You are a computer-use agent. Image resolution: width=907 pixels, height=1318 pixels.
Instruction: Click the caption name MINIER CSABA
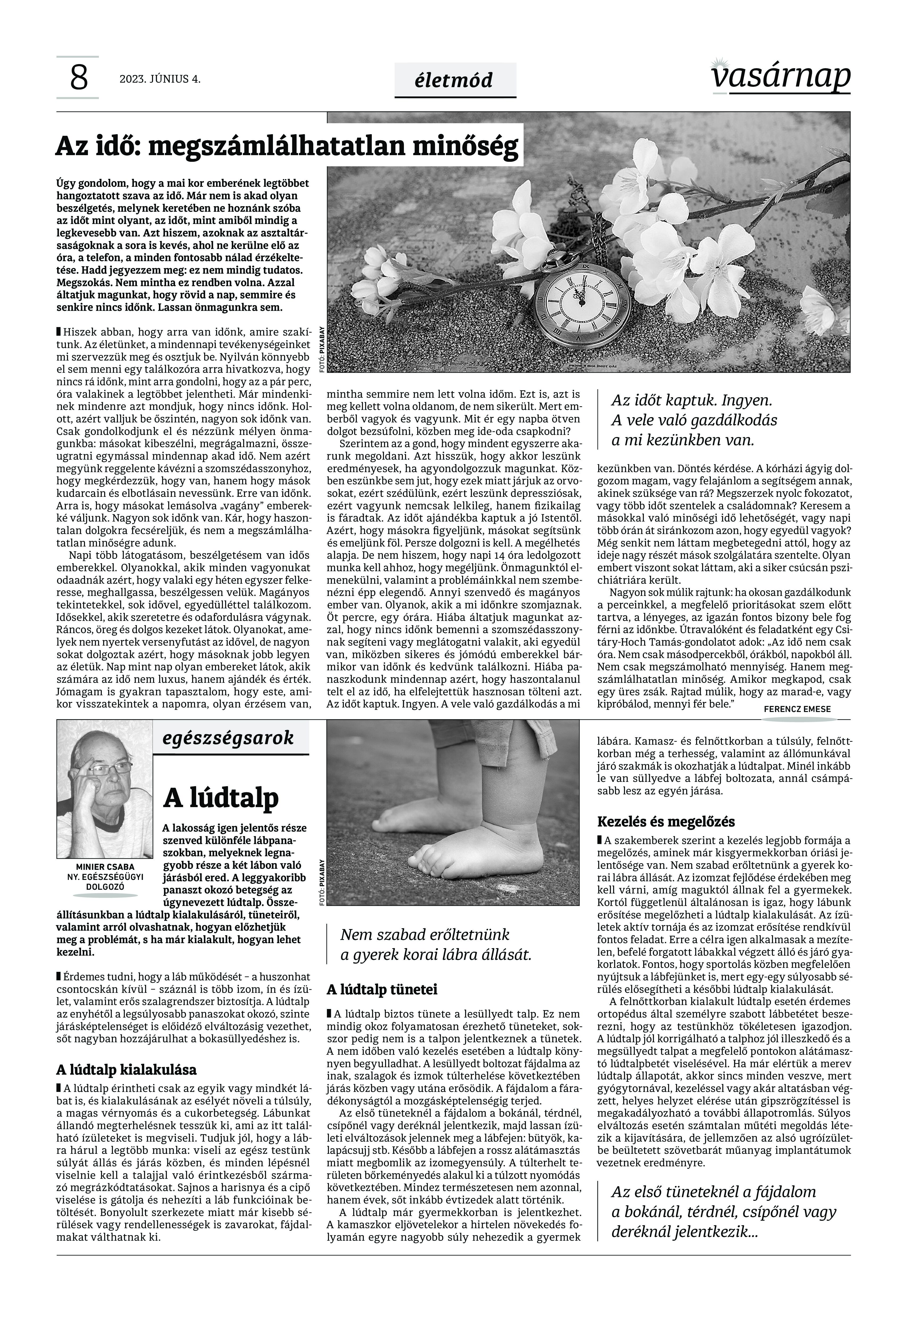point(105,866)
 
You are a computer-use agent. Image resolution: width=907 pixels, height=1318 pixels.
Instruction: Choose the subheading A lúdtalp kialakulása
point(126,1070)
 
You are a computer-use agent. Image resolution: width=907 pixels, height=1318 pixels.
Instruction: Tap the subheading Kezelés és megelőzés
point(666,821)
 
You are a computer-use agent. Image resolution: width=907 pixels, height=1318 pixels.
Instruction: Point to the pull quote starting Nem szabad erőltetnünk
point(435,944)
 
